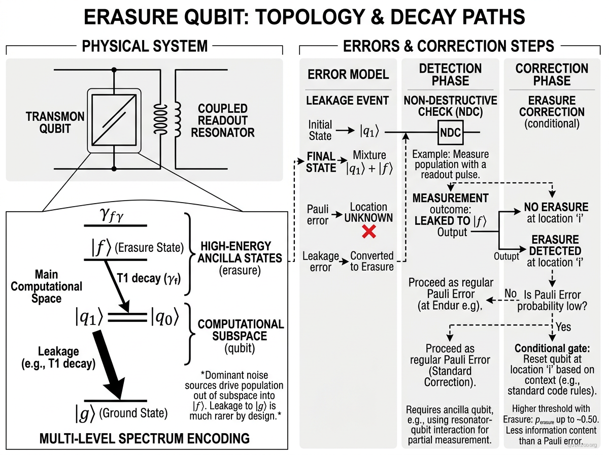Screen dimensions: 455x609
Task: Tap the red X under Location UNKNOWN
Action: coord(368,232)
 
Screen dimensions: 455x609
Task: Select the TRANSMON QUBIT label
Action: coord(55,123)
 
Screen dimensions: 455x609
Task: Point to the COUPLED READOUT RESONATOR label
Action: coord(222,121)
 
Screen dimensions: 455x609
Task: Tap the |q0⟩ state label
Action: coord(164,318)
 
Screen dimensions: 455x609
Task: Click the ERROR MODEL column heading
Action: coord(348,75)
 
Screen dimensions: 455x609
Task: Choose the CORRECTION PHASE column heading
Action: coord(552,75)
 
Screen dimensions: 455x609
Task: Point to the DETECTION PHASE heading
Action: coord(450,75)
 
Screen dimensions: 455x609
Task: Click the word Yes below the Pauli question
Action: coord(563,327)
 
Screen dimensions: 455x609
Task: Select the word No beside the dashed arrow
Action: coord(510,294)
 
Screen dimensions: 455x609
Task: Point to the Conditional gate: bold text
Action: coord(552,348)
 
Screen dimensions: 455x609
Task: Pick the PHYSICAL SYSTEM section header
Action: coord(145,46)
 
